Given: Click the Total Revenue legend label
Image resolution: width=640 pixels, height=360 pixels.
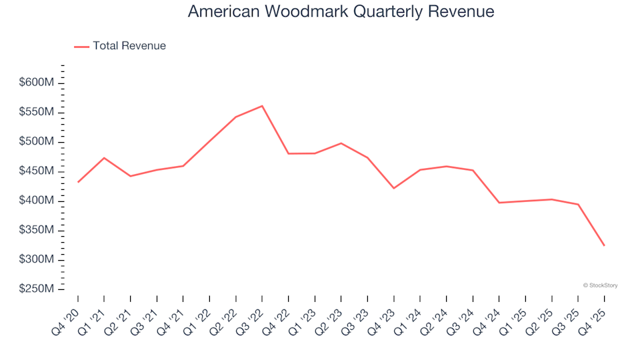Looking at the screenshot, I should [x=129, y=46].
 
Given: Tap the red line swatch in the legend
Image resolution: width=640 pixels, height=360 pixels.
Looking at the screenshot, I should [x=81, y=47].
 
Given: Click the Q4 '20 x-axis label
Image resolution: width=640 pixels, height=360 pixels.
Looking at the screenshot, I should [x=67, y=312].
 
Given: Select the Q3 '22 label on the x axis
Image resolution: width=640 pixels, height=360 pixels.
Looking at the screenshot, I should [x=251, y=312].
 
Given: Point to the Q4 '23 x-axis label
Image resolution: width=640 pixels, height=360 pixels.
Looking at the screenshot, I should [x=383, y=312].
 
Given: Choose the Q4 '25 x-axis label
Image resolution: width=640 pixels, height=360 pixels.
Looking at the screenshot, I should [x=594, y=312].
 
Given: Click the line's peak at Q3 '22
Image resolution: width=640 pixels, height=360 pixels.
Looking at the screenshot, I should [x=262, y=106].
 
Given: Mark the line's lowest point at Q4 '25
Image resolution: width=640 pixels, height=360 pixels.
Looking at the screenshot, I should [x=605, y=246].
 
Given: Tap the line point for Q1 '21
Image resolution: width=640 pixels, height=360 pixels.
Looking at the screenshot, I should [x=104, y=158].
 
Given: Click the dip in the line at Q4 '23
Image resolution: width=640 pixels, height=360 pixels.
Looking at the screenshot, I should [x=393, y=188].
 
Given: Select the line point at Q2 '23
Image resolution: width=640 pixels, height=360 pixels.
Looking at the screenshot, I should [x=341, y=143].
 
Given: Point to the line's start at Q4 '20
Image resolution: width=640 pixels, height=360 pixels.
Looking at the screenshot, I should [x=78, y=182].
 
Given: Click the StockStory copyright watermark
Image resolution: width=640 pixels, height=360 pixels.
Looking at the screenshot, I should [x=600, y=285].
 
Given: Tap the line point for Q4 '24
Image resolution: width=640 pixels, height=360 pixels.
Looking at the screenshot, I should [x=499, y=203].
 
